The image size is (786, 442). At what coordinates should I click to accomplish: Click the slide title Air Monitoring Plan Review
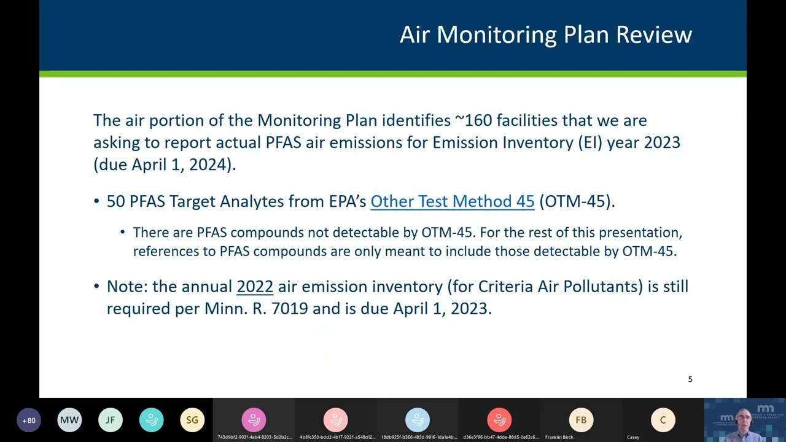pos(545,34)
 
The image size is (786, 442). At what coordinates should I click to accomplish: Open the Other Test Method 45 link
pos(452,201)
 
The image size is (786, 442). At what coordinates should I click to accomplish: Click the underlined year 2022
pos(255,287)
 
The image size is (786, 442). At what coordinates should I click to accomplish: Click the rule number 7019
pos(289,308)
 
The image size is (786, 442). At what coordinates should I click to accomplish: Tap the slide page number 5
pos(690,379)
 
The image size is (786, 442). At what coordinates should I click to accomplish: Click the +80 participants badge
pos(29,421)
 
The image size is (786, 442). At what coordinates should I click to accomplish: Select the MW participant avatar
pos(69,421)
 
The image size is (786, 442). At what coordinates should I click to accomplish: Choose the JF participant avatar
pos(111,421)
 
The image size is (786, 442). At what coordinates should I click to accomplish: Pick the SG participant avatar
pos(192,421)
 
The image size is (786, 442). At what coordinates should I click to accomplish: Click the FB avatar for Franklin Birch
pos(581,421)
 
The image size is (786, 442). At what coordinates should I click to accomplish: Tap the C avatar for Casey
pos(663,421)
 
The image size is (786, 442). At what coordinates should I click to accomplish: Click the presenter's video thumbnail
pos(744,420)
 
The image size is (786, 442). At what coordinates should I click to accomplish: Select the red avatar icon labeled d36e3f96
pos(499,421)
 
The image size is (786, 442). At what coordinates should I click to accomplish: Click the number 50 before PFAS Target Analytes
pos(115,201)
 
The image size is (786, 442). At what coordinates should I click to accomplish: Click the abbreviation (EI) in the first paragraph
pos(589,142)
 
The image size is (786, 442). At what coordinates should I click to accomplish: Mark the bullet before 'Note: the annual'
pos(96,287)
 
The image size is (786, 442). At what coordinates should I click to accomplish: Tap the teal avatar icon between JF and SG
pos(151,421)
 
